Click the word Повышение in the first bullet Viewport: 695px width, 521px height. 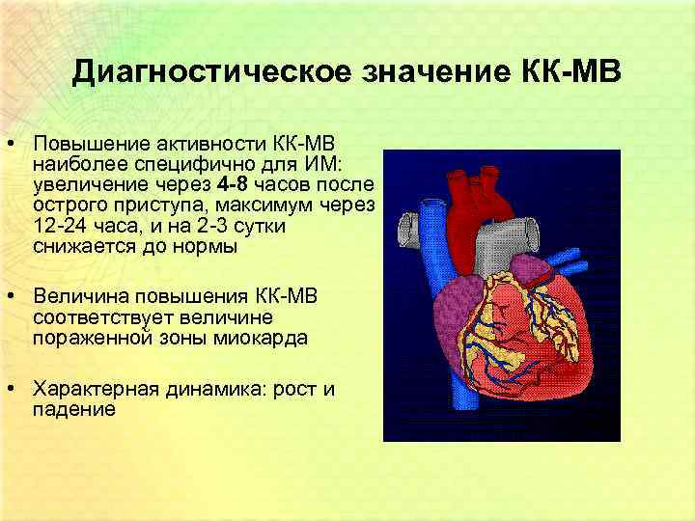click(82, 144)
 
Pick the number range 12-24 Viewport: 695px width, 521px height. click(58, 225)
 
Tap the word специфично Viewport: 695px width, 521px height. click(169, 164)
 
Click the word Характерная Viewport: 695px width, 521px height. click(93, 389)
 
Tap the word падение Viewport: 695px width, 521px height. click(73, 409)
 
